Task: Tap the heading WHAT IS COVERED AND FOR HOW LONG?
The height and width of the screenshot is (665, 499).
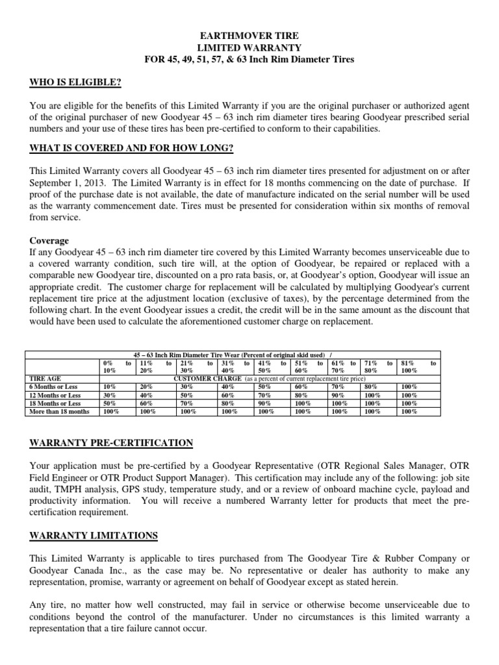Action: click(131, 148)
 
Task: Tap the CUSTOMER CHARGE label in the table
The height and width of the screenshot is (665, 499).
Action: click(207, 377)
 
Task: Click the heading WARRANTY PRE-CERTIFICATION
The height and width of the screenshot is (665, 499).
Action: click(112, 443)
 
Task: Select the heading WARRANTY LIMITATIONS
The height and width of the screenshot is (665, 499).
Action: click(94, 535)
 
